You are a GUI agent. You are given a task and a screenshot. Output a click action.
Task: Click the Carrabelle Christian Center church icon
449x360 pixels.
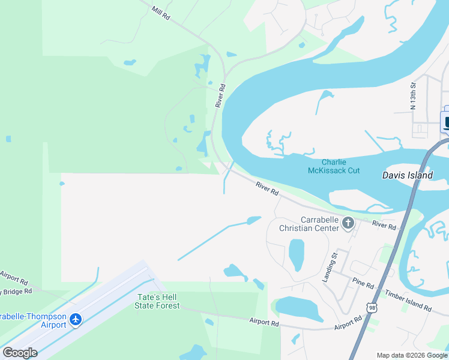point(348,224)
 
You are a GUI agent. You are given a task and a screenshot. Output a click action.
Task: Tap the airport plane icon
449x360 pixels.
point(76,320)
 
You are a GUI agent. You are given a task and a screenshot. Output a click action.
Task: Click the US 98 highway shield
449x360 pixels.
point(373,308)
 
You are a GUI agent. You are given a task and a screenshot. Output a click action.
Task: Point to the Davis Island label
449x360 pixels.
point(408,176)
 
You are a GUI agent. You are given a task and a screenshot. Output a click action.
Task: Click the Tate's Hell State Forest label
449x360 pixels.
point(158,301)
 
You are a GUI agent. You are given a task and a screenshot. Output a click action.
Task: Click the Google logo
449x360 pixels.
point(20,353)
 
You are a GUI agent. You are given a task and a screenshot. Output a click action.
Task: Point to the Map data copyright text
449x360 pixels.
point(412,355)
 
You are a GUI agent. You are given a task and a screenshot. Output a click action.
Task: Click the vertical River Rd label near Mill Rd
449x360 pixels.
point(221,95)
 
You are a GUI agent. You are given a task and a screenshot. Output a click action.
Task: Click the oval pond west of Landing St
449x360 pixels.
point(297,254)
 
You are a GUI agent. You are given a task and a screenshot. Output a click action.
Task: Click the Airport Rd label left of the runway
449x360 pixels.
point(14,277)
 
